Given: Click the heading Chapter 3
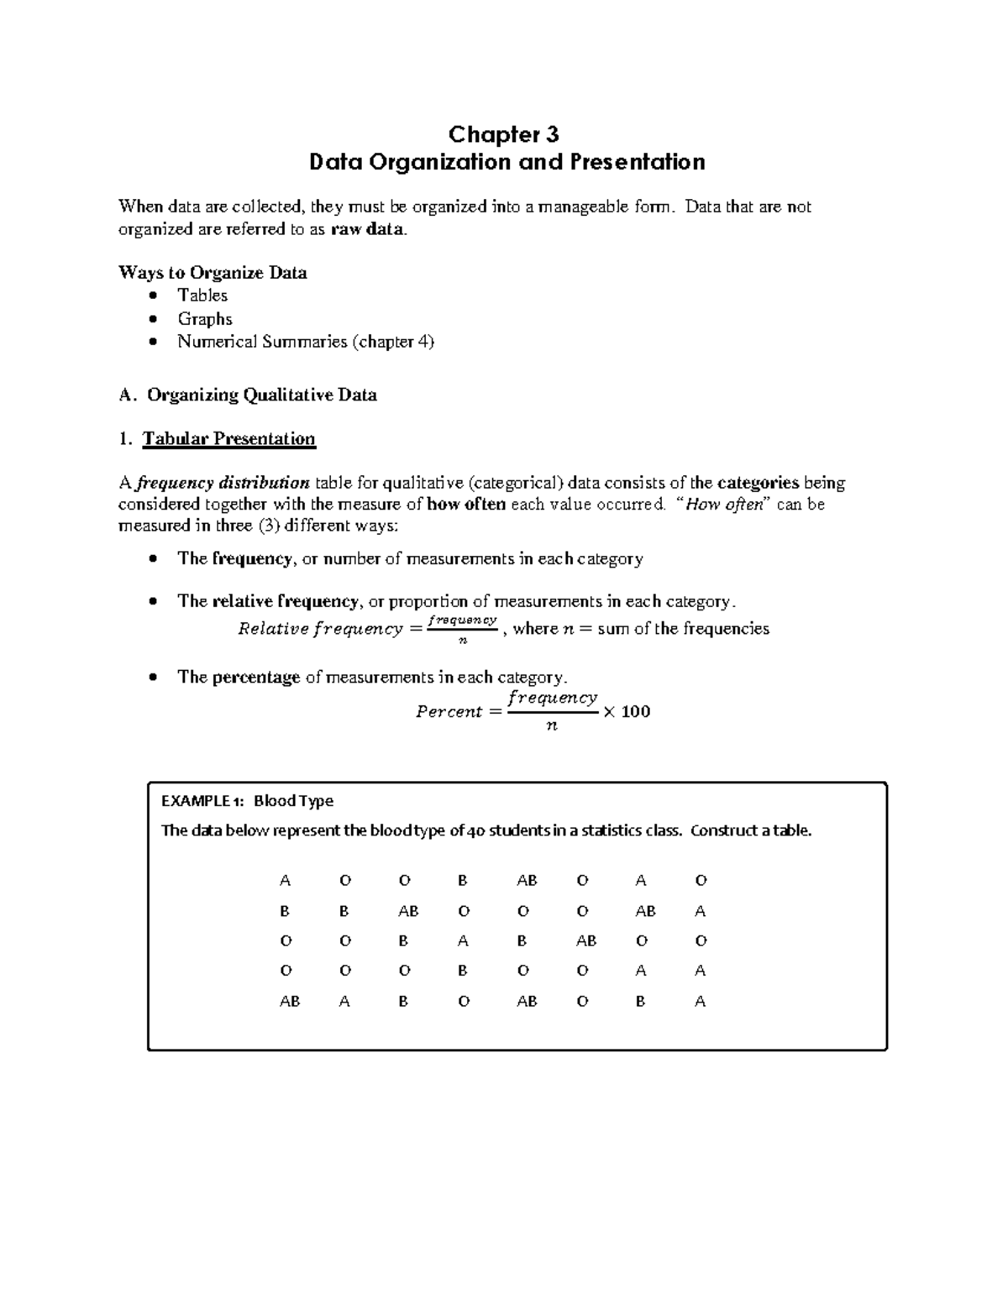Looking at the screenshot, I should [503, 134].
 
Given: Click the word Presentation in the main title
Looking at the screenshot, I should [638, 161].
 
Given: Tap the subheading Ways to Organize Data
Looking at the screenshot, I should [213, 273].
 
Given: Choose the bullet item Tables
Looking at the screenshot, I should [202, 296].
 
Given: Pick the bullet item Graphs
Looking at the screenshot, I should [205, 319].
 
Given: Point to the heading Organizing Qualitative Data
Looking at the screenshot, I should [261, 395].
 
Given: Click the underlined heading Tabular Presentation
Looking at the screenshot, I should [228, 439].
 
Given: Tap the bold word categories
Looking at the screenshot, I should [757, 483].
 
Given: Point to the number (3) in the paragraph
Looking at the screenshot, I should [269, 526].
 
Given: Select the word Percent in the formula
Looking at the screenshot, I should [449, 712].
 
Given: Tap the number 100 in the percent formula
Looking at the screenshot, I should [636, 712].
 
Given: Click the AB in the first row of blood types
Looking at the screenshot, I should [527, 881].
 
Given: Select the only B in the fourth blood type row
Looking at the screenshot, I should [462, 971].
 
